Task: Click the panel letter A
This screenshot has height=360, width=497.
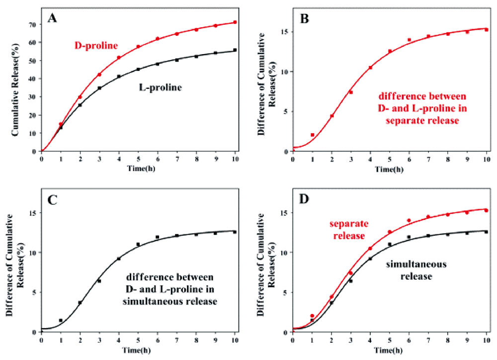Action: click(52, 19)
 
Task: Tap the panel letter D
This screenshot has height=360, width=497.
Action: click(304, 200)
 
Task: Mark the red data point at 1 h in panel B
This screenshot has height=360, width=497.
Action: click(312, 135)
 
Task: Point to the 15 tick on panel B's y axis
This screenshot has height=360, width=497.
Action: click(286, 32)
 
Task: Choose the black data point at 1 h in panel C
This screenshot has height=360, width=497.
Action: click(61, 320)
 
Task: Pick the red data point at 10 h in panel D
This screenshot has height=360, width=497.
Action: click(486, 211)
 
